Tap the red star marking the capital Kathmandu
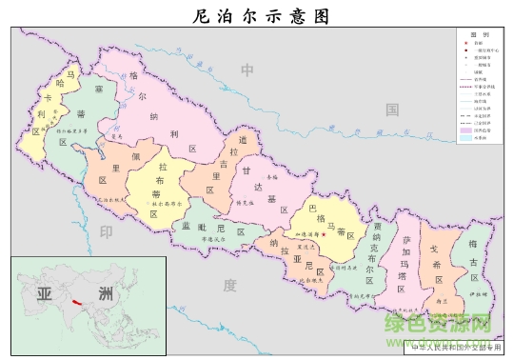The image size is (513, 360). tap(324, 232)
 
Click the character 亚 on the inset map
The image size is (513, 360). tap(43, 292)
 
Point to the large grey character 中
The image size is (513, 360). tap(247, 70)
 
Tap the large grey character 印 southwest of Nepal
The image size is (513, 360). tap(107, 231)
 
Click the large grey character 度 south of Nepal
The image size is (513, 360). tap(228, 285)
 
